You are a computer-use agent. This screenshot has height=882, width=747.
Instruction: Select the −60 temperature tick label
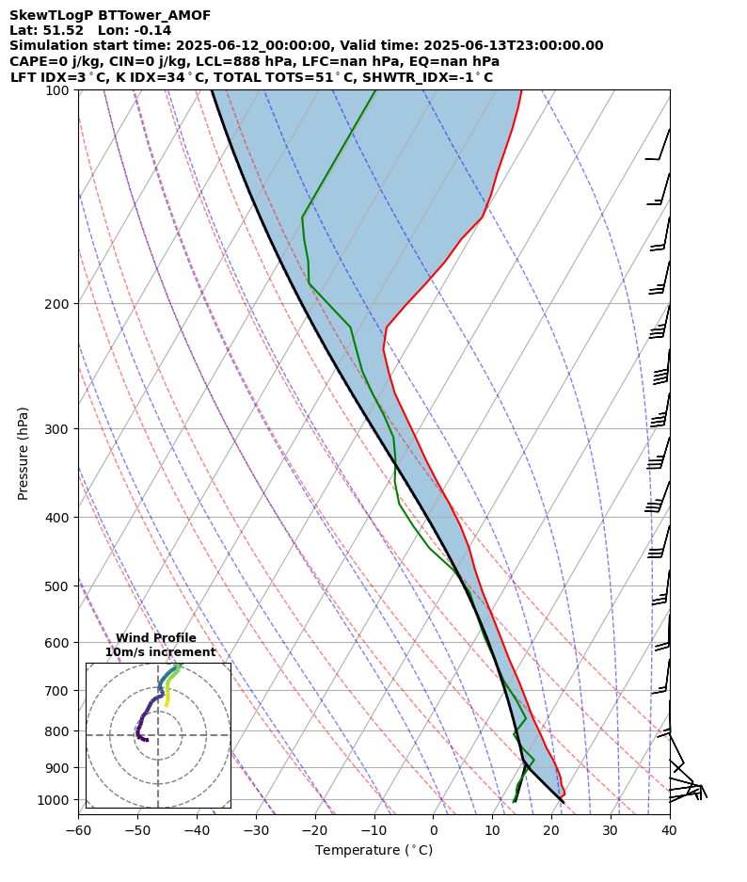(x=78, y=830)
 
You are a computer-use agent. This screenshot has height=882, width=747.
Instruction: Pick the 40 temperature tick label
(x=669, y=830)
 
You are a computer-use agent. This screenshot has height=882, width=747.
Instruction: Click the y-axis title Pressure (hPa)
(x=24, y=453)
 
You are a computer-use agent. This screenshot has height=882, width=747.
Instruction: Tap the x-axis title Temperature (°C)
(x=373, y=851)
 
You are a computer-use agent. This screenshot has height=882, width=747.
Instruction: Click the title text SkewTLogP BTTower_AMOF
(x=110, y=15)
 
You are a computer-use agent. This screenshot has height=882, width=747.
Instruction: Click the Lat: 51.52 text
(x=46, y=30)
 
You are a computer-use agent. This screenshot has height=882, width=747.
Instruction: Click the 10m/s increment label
(x=160, y=652)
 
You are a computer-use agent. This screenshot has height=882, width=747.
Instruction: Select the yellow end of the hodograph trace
(x=167, y=704)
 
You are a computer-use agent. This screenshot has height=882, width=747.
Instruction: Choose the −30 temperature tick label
(x=255, y=830)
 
